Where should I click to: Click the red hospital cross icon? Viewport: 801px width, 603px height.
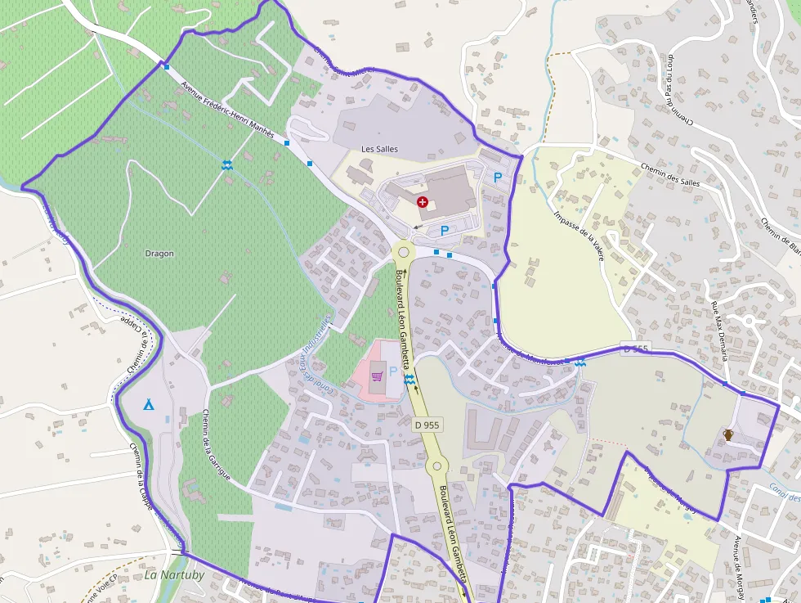coord(422,201)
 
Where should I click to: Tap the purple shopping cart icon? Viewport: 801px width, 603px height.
coord(377,376)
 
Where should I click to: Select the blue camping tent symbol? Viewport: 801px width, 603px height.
coord(149,404)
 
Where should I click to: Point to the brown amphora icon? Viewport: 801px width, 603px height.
coord(727,434)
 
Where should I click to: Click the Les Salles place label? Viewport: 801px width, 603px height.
coord(380,149)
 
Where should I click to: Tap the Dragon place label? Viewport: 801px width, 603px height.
coord(159,254)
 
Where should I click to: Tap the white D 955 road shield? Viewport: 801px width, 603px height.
coord(426,425)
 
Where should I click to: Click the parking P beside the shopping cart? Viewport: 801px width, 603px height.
coord(393,371)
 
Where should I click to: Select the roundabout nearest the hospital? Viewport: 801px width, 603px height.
coord(404,251)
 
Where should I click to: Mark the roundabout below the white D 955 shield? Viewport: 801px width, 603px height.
coord(437,466)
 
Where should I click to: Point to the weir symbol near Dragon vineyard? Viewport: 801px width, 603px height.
coord(227,165)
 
